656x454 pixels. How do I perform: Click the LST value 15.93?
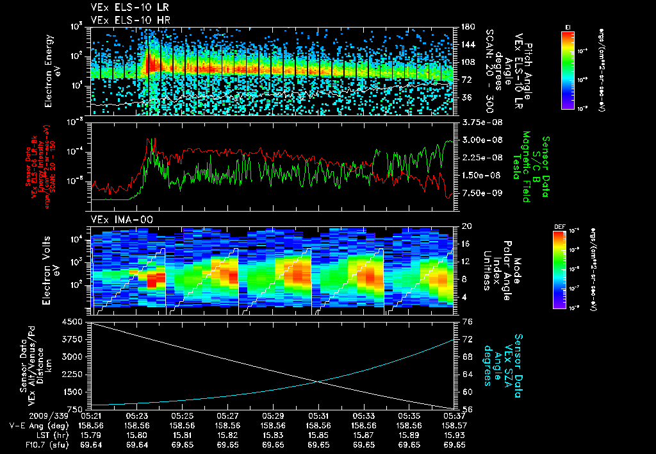[454, 434]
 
